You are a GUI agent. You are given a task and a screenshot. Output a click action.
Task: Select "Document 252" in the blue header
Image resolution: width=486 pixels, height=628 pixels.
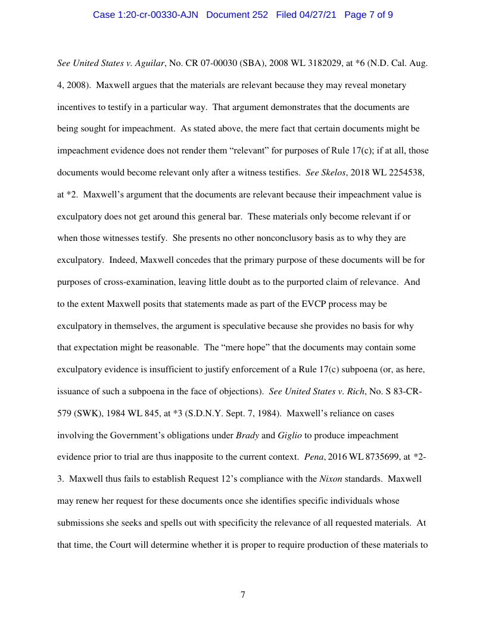(x=237, y=15)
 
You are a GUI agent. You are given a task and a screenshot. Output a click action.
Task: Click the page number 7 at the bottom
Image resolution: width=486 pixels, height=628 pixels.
(x=243, y=595)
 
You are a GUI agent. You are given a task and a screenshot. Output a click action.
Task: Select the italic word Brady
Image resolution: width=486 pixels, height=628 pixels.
(x=247, y=435)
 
